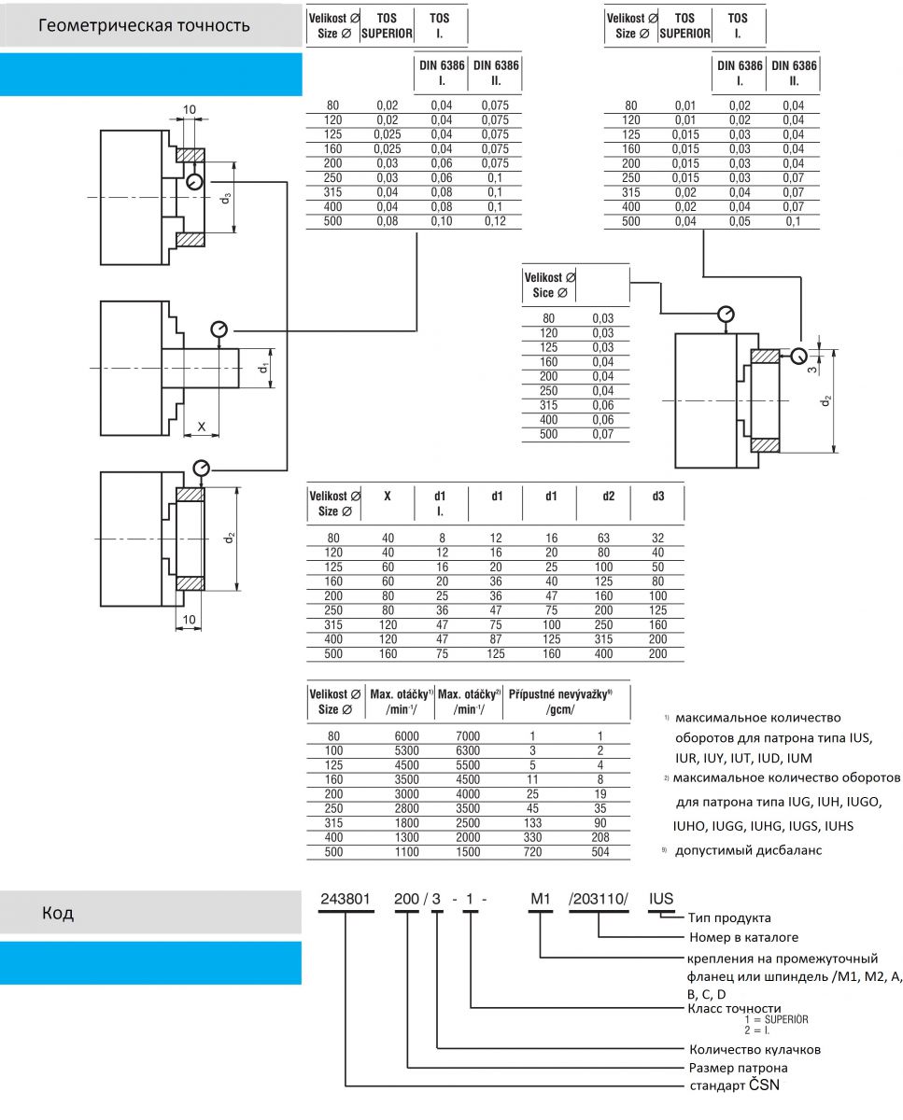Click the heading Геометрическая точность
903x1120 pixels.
point(144,25)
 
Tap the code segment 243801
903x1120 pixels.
point(346,899)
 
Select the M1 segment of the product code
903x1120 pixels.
point(541,899)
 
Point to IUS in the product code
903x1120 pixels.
point(661,899)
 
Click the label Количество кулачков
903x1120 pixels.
point(755,1049)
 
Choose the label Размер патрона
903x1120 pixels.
point(738,1068)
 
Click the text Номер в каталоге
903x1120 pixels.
point(743,937)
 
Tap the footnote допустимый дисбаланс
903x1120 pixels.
point(748,850)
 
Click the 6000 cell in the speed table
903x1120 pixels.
point(407,735)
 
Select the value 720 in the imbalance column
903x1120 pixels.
point(532,852)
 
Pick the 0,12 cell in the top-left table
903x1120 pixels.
point(495,221)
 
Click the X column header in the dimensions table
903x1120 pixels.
point(387,496)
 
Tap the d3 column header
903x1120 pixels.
point(658,496)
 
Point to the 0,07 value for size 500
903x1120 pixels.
point(602,434)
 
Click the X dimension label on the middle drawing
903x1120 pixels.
point(202,427)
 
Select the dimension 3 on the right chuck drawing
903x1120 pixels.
point(811,370)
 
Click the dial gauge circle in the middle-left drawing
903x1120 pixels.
point(219,329)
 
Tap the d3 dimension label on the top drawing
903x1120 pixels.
point(225,198)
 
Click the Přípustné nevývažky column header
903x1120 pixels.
point(559,694)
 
